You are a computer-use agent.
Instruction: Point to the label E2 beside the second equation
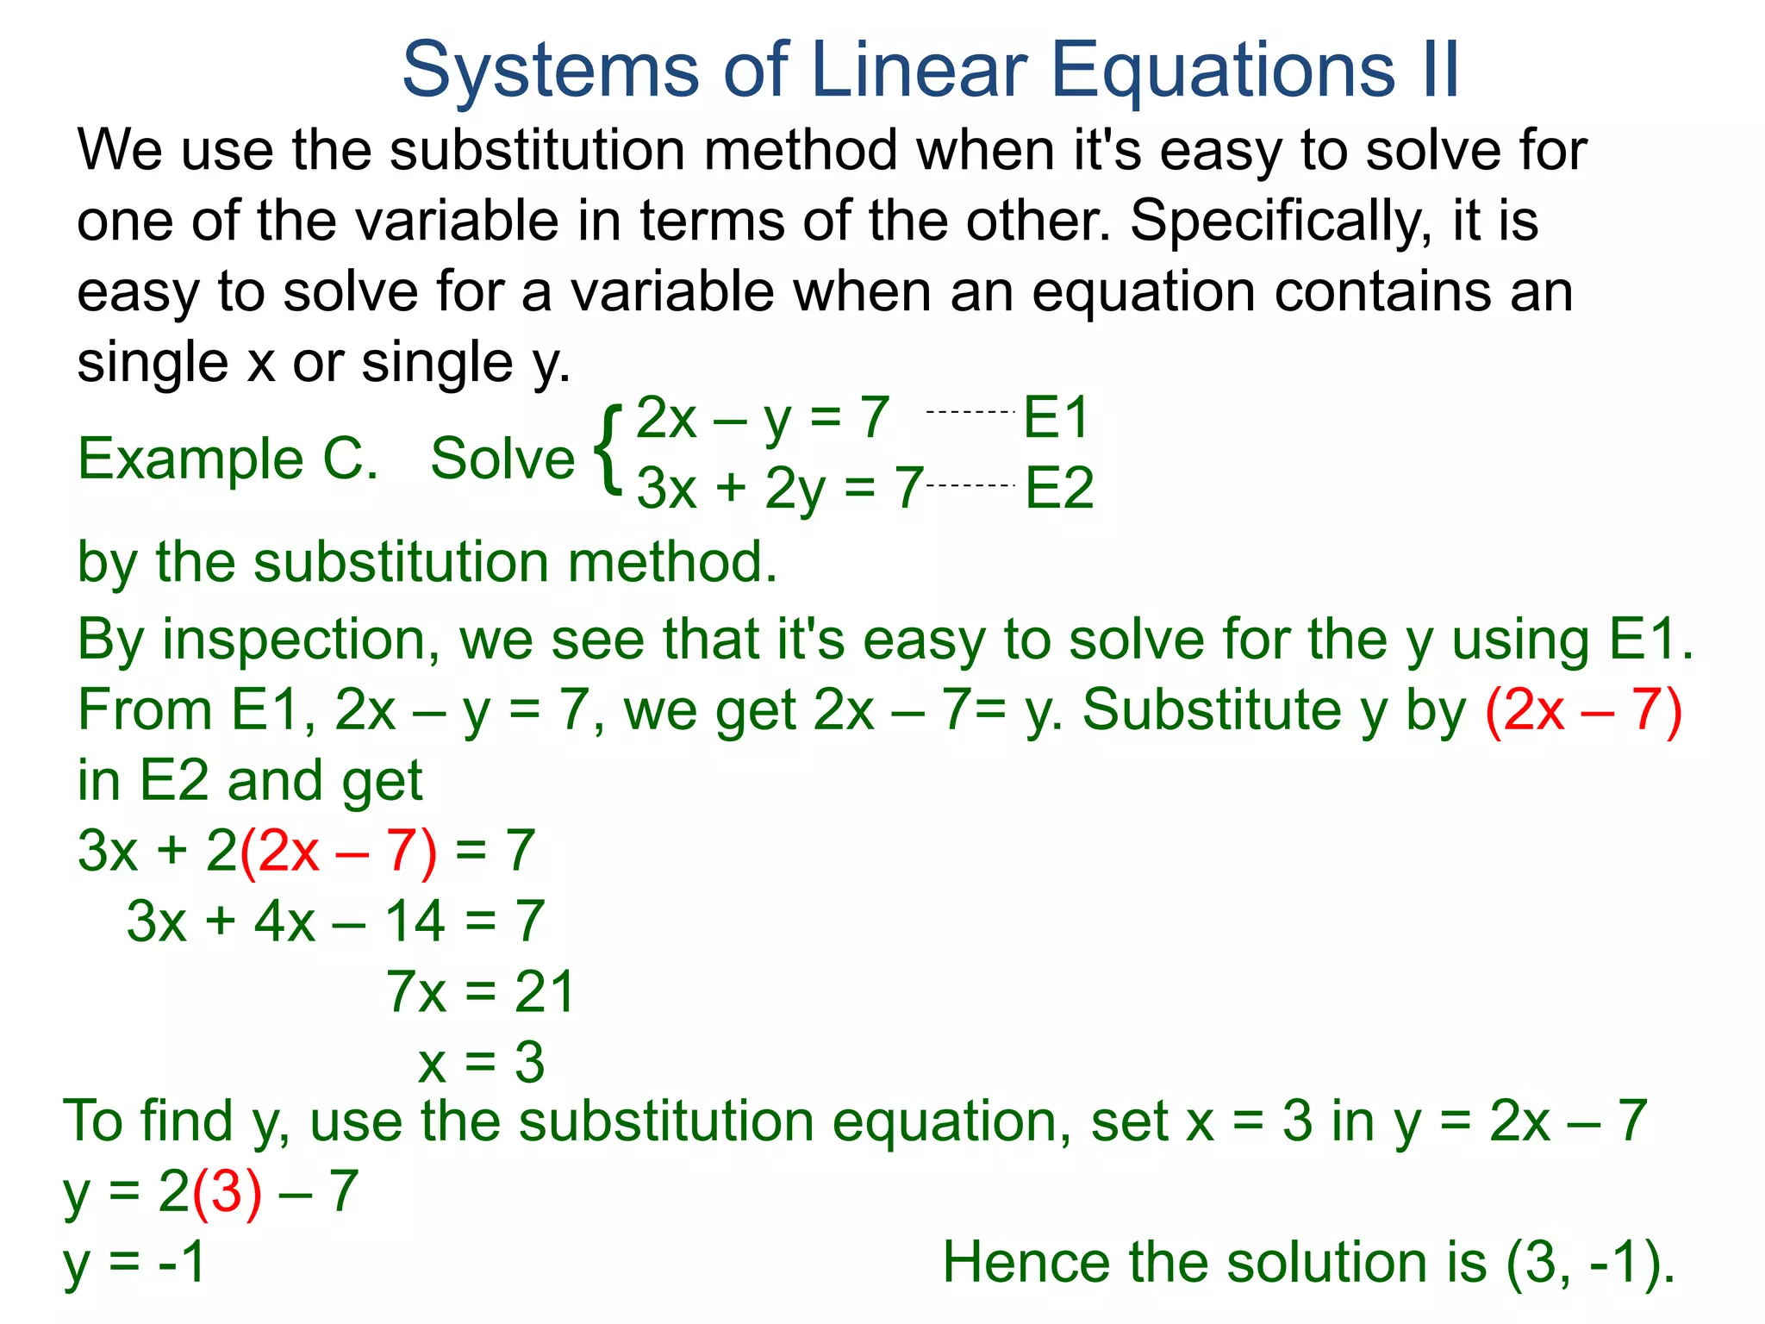pos(1059,489)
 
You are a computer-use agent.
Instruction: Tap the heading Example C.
pos(228,459)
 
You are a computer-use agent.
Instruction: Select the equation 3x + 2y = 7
pos(780,489)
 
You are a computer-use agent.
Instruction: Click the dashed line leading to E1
pos(970,413)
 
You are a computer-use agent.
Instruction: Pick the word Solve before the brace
pos(502,459)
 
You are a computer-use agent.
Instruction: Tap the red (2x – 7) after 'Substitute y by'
pos(1584,711)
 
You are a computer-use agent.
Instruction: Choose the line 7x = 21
pos(480,992)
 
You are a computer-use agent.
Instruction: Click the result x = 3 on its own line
pos(481,1063)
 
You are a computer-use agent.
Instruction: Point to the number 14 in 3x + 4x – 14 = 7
pos(415,921)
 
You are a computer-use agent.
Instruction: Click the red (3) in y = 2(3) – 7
pos(227,1193)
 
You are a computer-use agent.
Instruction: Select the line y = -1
pos(134,1264)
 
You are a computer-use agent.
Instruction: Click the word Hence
pos(1026,1264)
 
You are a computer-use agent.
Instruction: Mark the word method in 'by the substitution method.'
pos(672,563)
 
